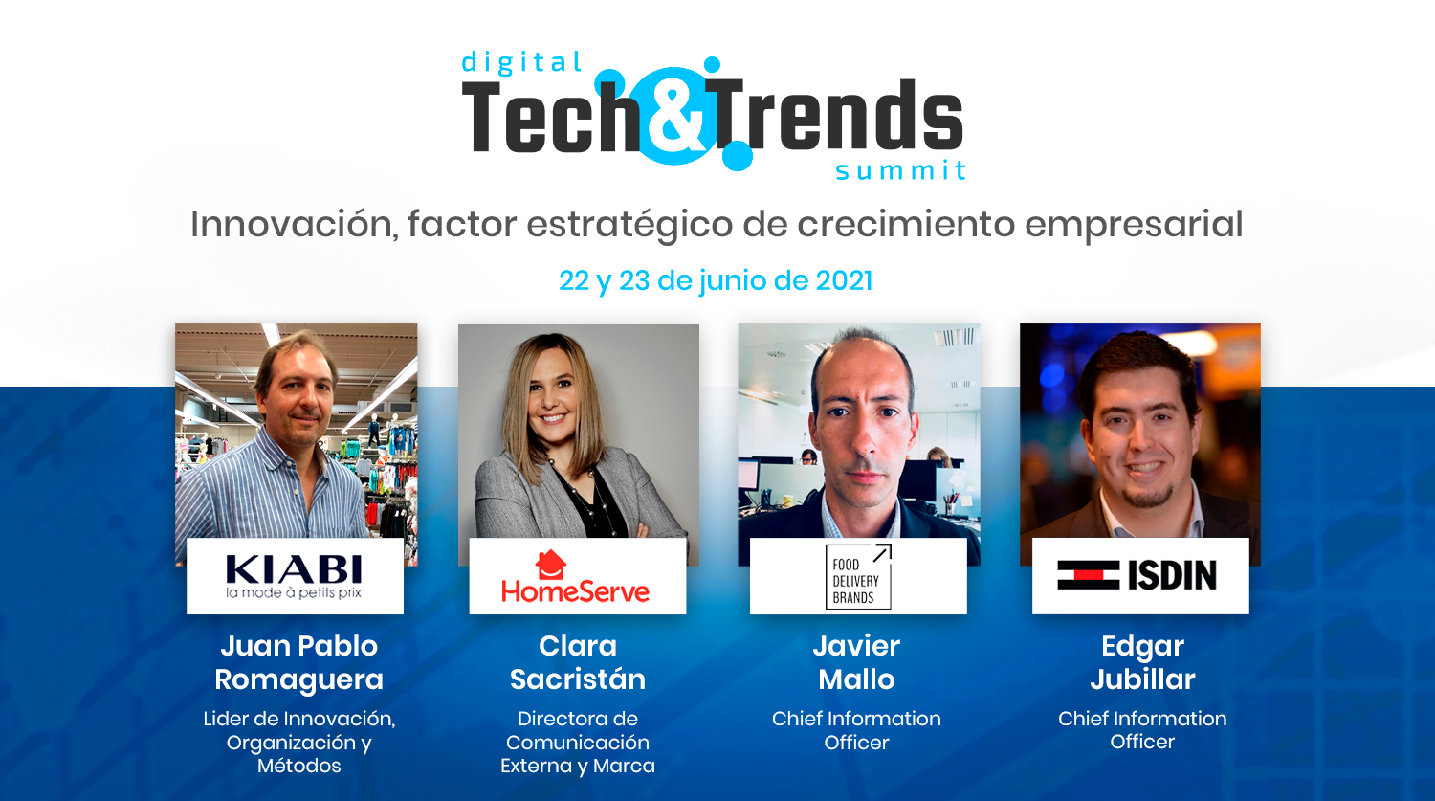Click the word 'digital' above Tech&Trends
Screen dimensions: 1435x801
tap(521, 63)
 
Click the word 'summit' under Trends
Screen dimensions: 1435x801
tap(900, 170)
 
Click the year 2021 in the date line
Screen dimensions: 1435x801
tap(844, 280)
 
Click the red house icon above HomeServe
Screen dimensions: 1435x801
tap(550, 565)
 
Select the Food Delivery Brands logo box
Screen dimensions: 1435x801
tap(858, 576)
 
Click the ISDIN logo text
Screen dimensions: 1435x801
tap(1172, 575)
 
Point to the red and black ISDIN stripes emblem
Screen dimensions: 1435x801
tap(1088, 575)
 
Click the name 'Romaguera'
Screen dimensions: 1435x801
tap(298, 679)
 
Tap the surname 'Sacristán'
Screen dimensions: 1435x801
tap(577, 679)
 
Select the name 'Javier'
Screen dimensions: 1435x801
tap(856, 646)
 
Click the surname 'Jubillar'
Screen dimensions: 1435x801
tap(1142, 679)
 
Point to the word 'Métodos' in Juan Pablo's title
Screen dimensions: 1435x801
tap(299, 766)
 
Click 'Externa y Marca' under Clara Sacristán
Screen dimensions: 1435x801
tap(577, 766)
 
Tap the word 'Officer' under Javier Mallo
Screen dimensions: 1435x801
tap(856, 743)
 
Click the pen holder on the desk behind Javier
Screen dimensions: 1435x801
tap(951, 506)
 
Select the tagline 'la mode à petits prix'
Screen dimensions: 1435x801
tap(294, 592)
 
